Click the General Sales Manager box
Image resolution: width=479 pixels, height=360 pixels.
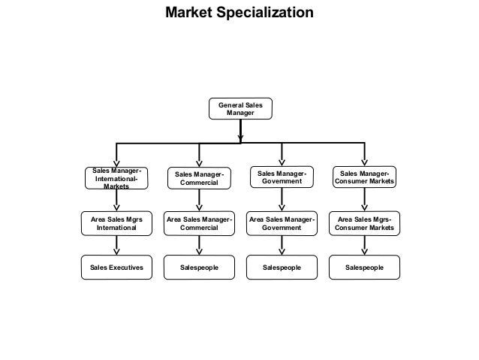click(x=240, y=108)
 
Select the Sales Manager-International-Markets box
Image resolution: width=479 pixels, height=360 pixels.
click(x=116, y=179)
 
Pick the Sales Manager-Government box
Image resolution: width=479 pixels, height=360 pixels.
click(x=282, y=177)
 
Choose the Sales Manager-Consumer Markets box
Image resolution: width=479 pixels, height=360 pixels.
click(x=364, y=177)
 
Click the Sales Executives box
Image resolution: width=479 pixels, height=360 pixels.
click(x=116, y=267)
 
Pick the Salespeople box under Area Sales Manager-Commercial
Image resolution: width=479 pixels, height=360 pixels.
click(x=199, y=267)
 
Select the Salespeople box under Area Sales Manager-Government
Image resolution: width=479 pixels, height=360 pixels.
click(x=282, y=267)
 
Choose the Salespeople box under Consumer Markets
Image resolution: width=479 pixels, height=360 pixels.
click(x=364, y=267)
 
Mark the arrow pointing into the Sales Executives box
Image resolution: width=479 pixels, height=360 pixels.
click(x=116, y=247)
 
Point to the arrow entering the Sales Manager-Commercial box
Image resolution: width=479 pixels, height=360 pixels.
click(x=199, y=155)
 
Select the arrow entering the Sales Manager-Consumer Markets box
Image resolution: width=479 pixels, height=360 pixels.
click(x=365, y=154)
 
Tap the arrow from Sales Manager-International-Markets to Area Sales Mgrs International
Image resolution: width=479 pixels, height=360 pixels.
click(x=116, y=201)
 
